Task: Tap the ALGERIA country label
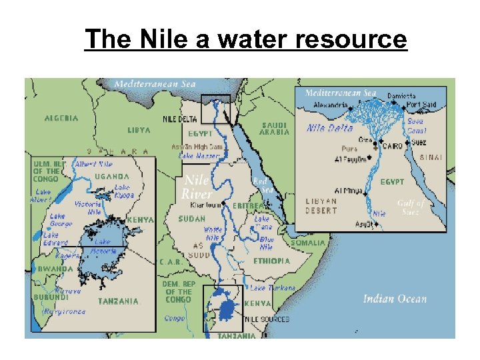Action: [x=61, y=118]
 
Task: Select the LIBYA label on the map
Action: [x=139, y=130]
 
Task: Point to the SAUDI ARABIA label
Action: [x=274, y=128]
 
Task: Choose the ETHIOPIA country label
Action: [x=271, y=261]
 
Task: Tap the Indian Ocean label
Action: [x=395, y=299]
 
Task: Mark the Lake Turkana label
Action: [x=273, y=288]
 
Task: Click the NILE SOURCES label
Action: [x=267, y=319]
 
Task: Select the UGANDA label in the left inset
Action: [x=112, y=176]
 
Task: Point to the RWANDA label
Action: [x=51, y=269]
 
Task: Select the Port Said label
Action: [x=421, y=105]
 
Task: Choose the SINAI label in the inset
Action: [x=433, y=159]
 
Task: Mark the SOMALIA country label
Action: [x=307, y=243]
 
